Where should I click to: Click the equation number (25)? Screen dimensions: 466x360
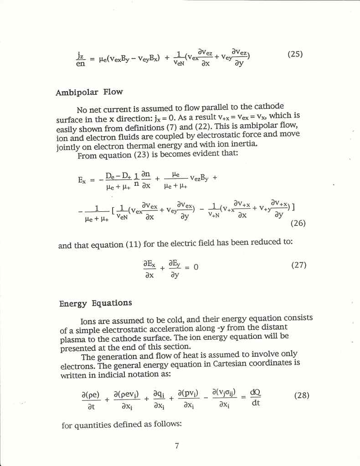pos(295,55)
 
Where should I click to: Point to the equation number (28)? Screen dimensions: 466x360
pos(302,395)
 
